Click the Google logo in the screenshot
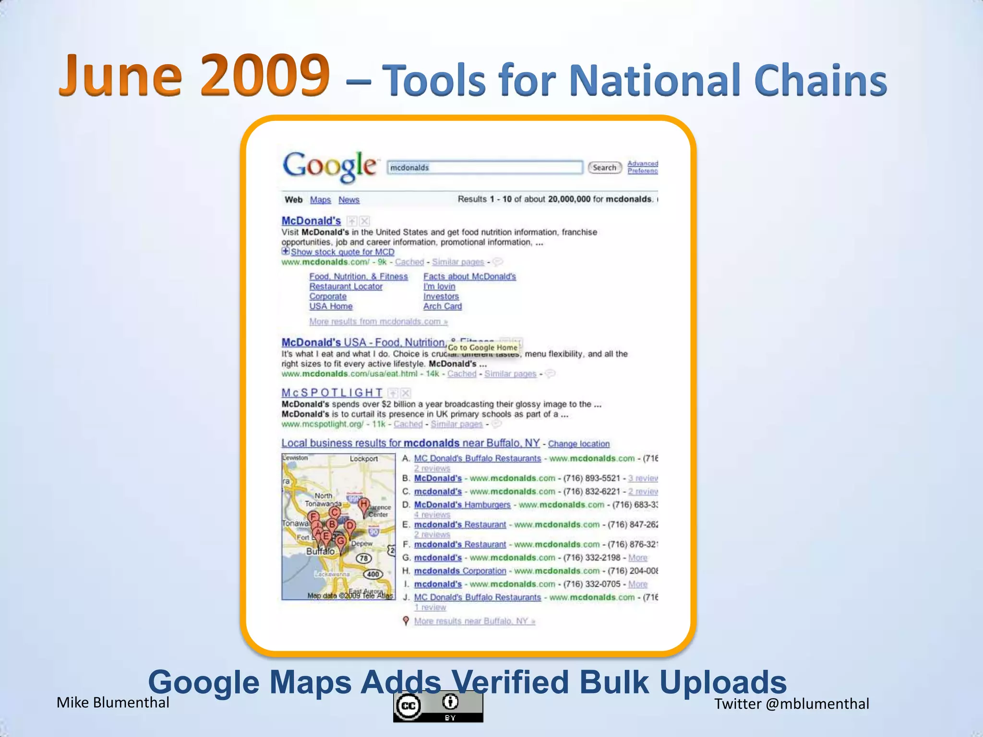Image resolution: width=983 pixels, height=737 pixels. pos(330,166)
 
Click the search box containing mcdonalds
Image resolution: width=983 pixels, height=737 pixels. pos(485,167)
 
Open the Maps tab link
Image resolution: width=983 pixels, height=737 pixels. pos(320,200)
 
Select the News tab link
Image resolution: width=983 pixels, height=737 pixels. pos(348,200)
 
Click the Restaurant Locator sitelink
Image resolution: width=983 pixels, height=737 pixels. pos(346,286)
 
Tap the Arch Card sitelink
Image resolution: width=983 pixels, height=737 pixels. pos(442,306)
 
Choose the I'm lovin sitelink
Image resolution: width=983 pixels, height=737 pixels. pos(439,286)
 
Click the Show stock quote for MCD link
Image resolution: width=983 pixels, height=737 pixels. pos(342,252)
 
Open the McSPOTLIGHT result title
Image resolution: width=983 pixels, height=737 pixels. pos(332,392)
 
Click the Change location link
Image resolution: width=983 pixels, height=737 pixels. pos(578,444)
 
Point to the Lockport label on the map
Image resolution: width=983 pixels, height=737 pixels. pos(363,459)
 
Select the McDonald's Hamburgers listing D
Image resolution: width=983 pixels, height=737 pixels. pos(462,505)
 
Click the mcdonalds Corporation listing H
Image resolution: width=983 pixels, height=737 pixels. pos(460,571)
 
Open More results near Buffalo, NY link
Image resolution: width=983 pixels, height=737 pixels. pos(474,621)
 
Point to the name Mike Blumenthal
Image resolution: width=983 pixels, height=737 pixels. pos(113,702)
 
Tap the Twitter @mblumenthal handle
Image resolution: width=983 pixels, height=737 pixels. pos(791,704)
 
